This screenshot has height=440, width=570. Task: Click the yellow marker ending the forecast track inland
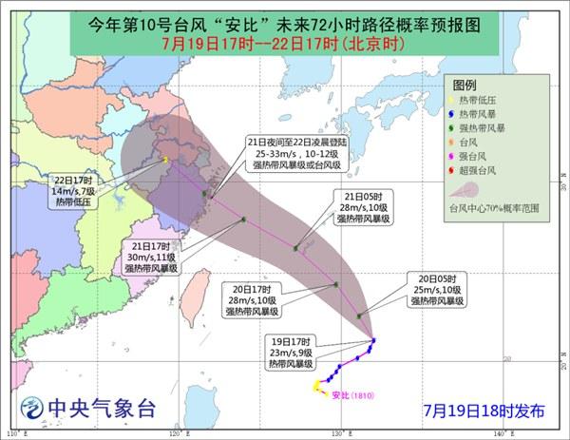[x=165, y=160]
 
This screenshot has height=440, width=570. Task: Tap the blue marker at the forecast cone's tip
[x=373, y=339]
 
